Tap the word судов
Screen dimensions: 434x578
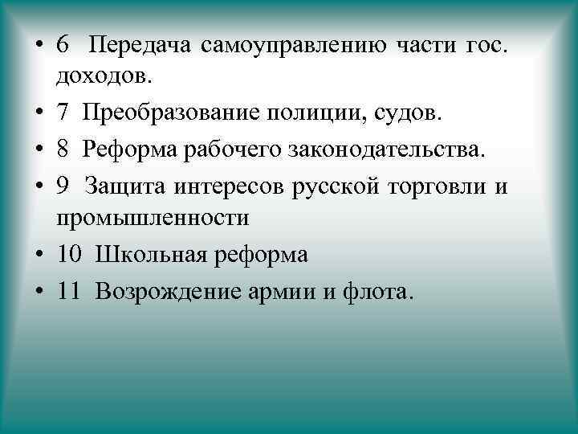(x=406, y=114)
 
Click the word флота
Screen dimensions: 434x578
(x=378, y=291)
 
